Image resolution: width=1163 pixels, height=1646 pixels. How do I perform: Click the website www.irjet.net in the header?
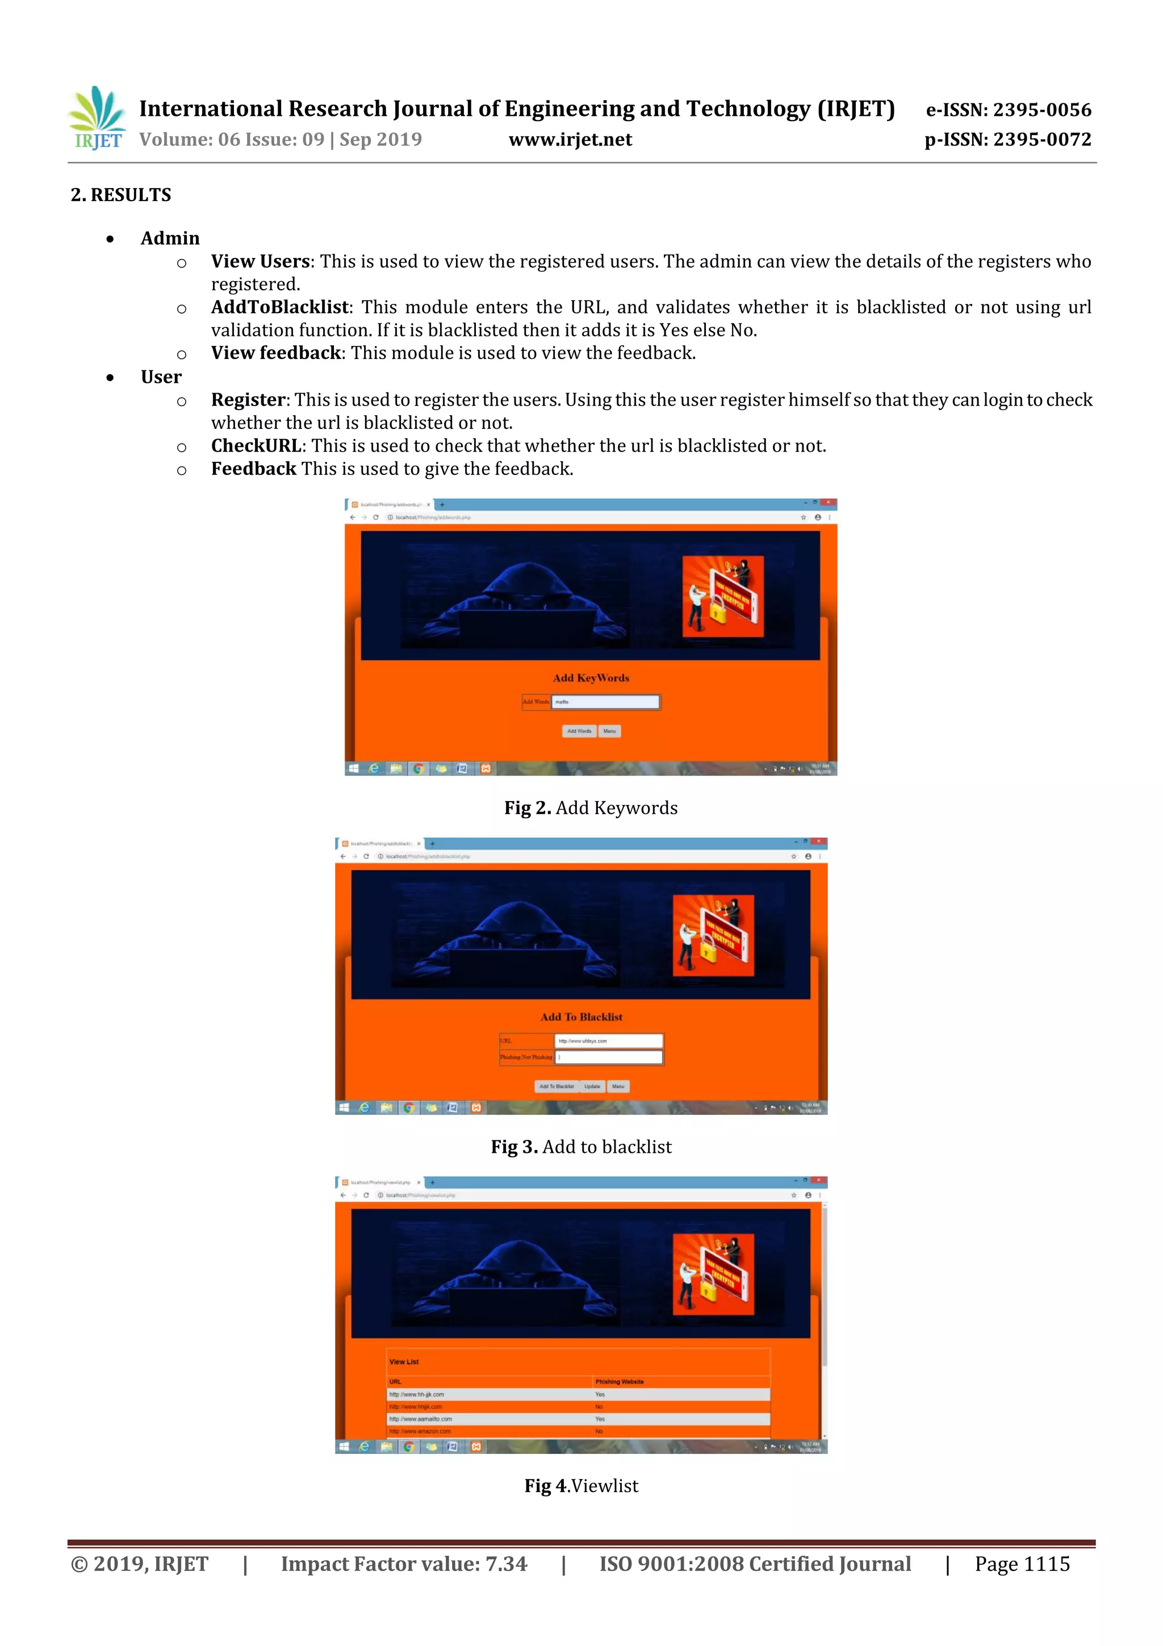570,140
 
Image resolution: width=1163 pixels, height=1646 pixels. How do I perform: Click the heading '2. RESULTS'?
120,195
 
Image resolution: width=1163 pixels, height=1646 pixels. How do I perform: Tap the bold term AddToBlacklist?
279,307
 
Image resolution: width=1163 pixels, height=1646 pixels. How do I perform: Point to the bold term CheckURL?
256,446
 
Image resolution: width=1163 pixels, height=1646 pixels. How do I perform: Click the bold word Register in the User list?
248,400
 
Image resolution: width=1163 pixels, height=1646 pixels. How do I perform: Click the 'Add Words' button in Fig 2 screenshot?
579,731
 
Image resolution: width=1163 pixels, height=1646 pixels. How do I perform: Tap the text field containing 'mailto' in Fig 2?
605,702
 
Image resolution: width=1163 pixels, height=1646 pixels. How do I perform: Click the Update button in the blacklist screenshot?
592,1086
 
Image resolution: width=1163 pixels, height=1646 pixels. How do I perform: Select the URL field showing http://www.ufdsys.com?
608,1041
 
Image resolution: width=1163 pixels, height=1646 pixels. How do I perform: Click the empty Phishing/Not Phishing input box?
608,1057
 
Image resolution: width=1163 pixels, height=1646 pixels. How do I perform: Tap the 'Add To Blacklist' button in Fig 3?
556,1086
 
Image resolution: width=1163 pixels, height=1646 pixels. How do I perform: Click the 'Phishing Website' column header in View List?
619,1381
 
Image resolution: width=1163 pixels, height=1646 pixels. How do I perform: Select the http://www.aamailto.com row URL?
421,1419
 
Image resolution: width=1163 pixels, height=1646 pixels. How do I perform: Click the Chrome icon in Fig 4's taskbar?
408,1447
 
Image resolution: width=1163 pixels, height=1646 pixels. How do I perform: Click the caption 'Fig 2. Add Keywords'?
591,808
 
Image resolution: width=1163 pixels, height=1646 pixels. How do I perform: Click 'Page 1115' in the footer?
1021,1564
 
